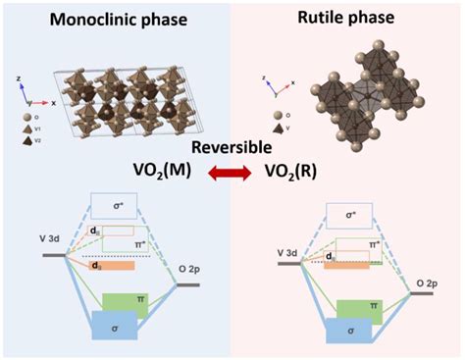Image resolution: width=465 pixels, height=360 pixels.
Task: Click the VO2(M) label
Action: tap(162, 175)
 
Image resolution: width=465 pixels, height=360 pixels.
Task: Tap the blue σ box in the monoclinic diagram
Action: tap(113, 326)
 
